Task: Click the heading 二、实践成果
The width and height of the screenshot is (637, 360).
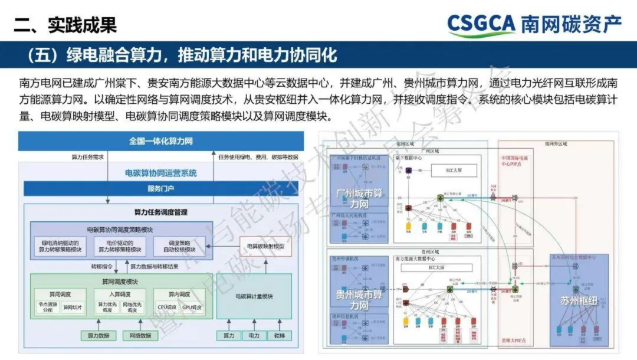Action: point(65,24)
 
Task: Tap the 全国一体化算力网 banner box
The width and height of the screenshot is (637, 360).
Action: point(160,142)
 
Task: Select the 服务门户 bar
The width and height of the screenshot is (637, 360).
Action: point(160,189)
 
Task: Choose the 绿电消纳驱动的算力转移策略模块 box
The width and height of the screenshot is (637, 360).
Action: point(60,246)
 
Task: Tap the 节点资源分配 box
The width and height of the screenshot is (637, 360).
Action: point(47,307)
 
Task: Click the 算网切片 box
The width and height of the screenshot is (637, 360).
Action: point(74,307)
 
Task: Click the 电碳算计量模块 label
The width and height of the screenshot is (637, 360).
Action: point(254,296)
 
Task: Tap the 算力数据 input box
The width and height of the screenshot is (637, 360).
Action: point(98,336)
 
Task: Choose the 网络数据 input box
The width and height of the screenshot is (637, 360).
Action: point(140,336)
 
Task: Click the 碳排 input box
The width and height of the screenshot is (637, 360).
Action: point(279,336)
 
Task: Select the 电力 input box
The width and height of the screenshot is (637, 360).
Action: point(254,336)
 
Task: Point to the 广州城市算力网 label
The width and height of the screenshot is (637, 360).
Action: point(360,198)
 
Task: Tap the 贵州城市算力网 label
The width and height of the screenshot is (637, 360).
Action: point(360,300)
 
